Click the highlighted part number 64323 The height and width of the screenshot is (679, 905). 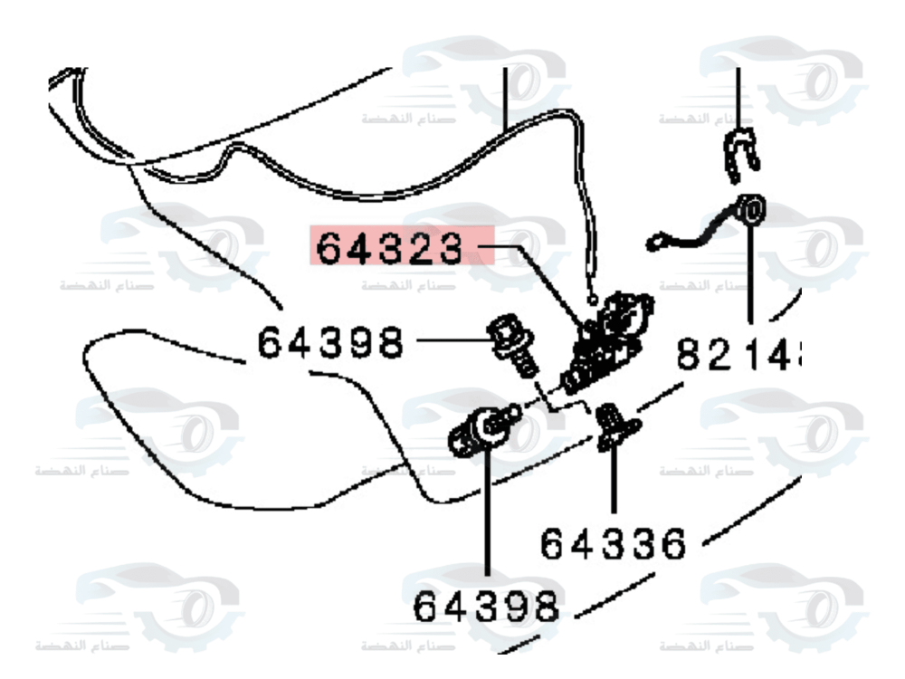point(397,247)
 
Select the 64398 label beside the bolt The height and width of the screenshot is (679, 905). point(329,344)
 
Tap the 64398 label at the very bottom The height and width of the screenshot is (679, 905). point(486,606)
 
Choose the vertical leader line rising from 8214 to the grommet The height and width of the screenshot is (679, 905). point(751,281)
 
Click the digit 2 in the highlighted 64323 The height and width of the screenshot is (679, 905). point(424,247)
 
